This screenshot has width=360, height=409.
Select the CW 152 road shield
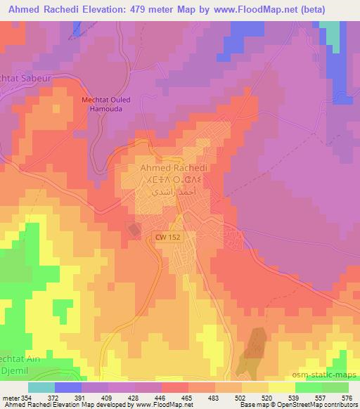[x=164, y=239]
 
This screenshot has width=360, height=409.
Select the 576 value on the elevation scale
[x=347, y=398]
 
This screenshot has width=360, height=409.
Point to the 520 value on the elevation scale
[x=269, y=398]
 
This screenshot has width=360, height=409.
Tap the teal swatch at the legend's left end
[x=41, y=387]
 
